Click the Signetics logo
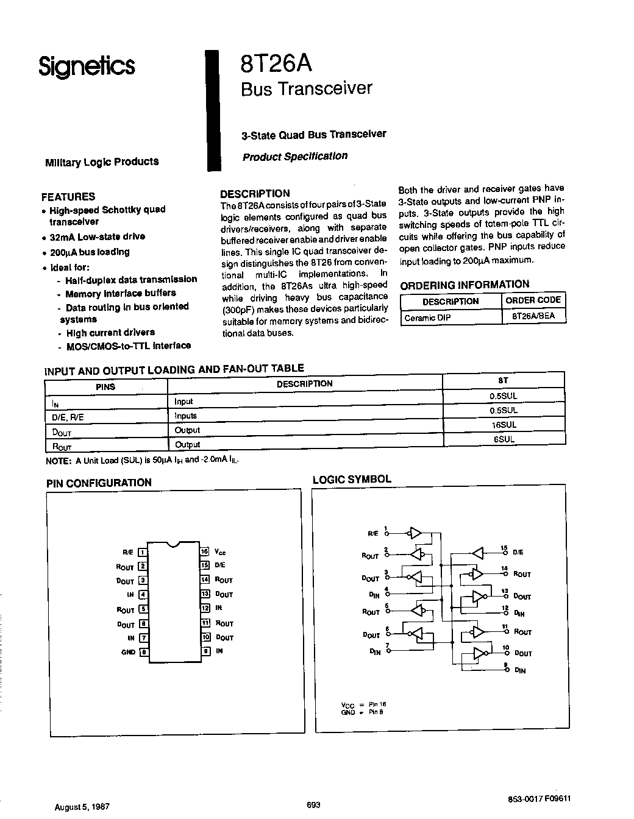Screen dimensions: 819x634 tap(87, 66)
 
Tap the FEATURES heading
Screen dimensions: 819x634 tap(68, 197)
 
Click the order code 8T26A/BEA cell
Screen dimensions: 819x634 tap(533, 317)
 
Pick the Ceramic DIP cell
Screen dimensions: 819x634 tap(427, 317)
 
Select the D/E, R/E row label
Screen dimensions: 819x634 tap(65, 417)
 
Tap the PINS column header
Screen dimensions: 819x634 tap(105, 387)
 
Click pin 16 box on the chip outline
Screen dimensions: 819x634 tap(205, 551)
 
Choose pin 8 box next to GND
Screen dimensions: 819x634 tap(144, 651)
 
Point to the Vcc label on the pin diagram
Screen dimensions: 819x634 tap(220, 552)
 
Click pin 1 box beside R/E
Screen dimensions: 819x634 tap(143, 553)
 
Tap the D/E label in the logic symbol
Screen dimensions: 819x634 tap(518, 552)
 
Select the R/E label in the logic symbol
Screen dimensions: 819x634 tap(372, 533)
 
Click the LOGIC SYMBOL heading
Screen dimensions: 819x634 tap(352, 480)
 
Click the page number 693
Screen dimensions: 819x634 tap(313, 804)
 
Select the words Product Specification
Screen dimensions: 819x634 tap(295, 156)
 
